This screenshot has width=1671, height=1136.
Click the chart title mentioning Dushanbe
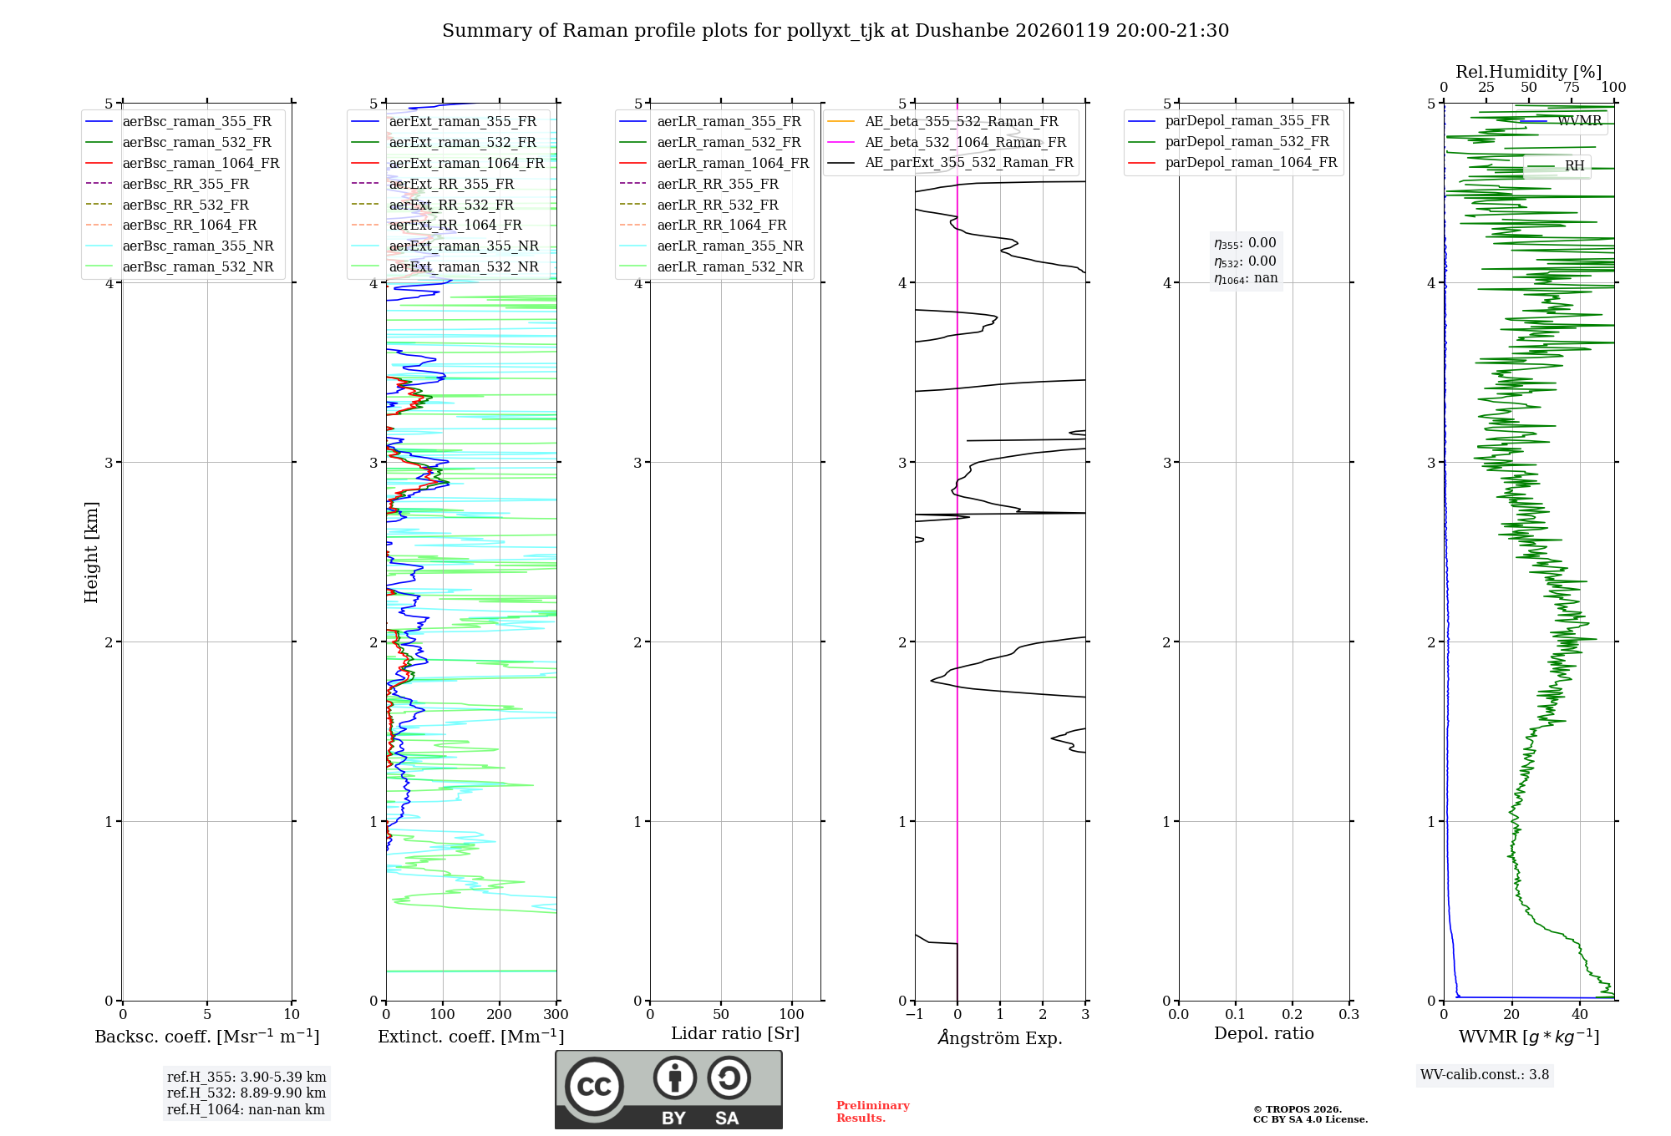pos(835,31)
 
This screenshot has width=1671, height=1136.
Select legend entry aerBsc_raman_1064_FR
pos(201,163)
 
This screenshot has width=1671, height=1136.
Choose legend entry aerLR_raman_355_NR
pos(729,246)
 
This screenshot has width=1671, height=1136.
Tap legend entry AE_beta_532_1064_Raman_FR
pos(965,142)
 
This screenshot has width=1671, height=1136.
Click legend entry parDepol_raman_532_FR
pos(1247,142)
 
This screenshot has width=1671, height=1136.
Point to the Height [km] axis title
pos(91,552)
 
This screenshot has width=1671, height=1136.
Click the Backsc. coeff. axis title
pos(206,1037)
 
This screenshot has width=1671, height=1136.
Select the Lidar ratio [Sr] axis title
pos(735,1033)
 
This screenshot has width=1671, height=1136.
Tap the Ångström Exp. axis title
pos(1000,1038)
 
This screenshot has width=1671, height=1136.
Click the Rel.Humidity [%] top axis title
pos(1528,72)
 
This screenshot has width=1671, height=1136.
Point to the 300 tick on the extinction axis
pos(556,1015)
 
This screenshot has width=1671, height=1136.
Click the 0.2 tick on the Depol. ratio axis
pos(1292,1015)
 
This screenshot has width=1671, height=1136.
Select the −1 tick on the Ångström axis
pos(915,1015)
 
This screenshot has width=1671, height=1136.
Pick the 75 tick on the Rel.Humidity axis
pos(1571,88)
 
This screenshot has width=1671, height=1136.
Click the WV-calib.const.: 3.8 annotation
pos(1484,1075)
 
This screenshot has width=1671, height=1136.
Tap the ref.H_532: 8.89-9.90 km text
pos(246,1093)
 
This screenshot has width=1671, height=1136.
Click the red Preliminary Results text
pos(872,1112)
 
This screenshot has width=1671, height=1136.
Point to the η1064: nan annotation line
pos(1246,279)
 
